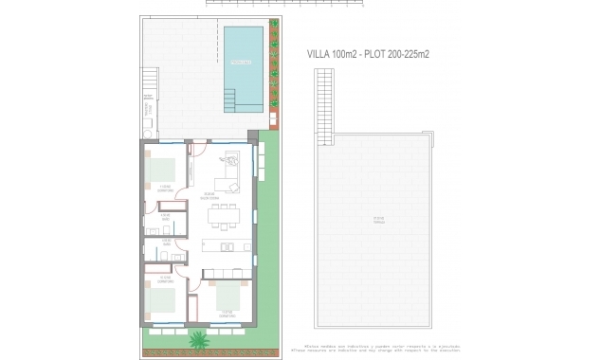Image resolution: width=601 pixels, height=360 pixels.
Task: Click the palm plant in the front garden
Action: click(x=199, y=339)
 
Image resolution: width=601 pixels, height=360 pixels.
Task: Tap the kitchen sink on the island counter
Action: click(x=226, y=247)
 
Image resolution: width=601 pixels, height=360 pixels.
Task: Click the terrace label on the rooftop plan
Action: click(x=377, y=221)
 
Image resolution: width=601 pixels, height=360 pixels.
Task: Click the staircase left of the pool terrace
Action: click(x=148, y=110)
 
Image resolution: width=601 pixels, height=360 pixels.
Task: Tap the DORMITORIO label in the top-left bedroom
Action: click(x=165, y=189)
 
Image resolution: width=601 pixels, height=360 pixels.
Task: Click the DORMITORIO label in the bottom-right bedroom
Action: click(x=227, y=313)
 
